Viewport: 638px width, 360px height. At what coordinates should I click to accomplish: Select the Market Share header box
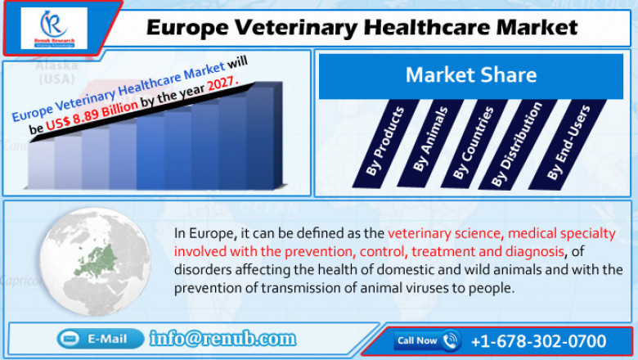[471, 76]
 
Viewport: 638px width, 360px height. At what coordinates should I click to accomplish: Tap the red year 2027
[222, 84]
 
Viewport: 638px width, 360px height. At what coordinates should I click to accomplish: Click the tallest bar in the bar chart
[261, 135]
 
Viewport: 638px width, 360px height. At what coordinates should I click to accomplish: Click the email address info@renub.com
[222, 339]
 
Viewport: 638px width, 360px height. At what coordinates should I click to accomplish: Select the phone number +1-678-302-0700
[537, 340]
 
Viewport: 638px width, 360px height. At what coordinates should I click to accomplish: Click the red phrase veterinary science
[443, 232]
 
